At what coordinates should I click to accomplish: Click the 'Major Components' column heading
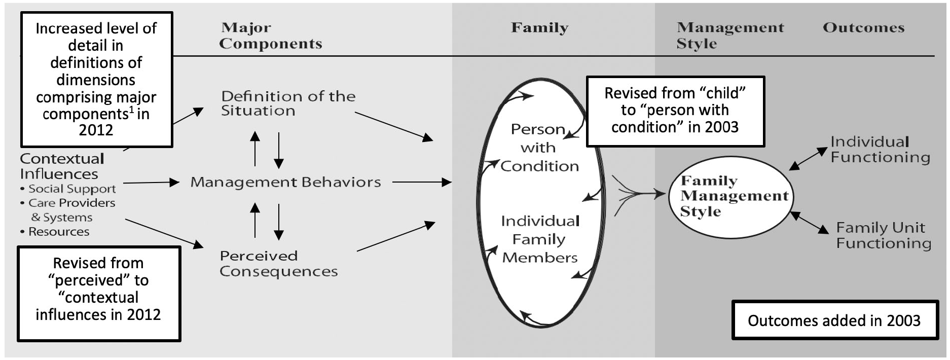point(271,35)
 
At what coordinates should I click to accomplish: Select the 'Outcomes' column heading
point(863,27)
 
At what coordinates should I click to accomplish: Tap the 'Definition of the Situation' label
point(288,103)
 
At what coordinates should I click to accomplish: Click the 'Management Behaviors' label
point(285,182)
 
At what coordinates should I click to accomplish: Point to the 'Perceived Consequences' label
point(279,264)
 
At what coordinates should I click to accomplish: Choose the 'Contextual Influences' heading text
point(62,166)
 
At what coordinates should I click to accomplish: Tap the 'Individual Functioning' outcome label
point(880,150)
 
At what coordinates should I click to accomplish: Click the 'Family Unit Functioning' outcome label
point(884,235)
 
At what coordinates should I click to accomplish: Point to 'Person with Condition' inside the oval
point(539,148)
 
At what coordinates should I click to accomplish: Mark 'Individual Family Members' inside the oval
point(540,239)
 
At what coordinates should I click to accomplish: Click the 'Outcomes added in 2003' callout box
point(834,320)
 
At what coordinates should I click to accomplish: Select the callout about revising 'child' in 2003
point(675,111)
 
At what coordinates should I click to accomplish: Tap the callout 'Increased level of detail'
point(96,79)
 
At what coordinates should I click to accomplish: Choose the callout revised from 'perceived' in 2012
point(99,294)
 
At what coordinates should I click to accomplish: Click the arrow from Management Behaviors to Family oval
point(422,182)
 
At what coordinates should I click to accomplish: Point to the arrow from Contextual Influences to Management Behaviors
point(152,183)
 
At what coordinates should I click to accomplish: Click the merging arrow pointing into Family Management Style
point(639,193)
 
